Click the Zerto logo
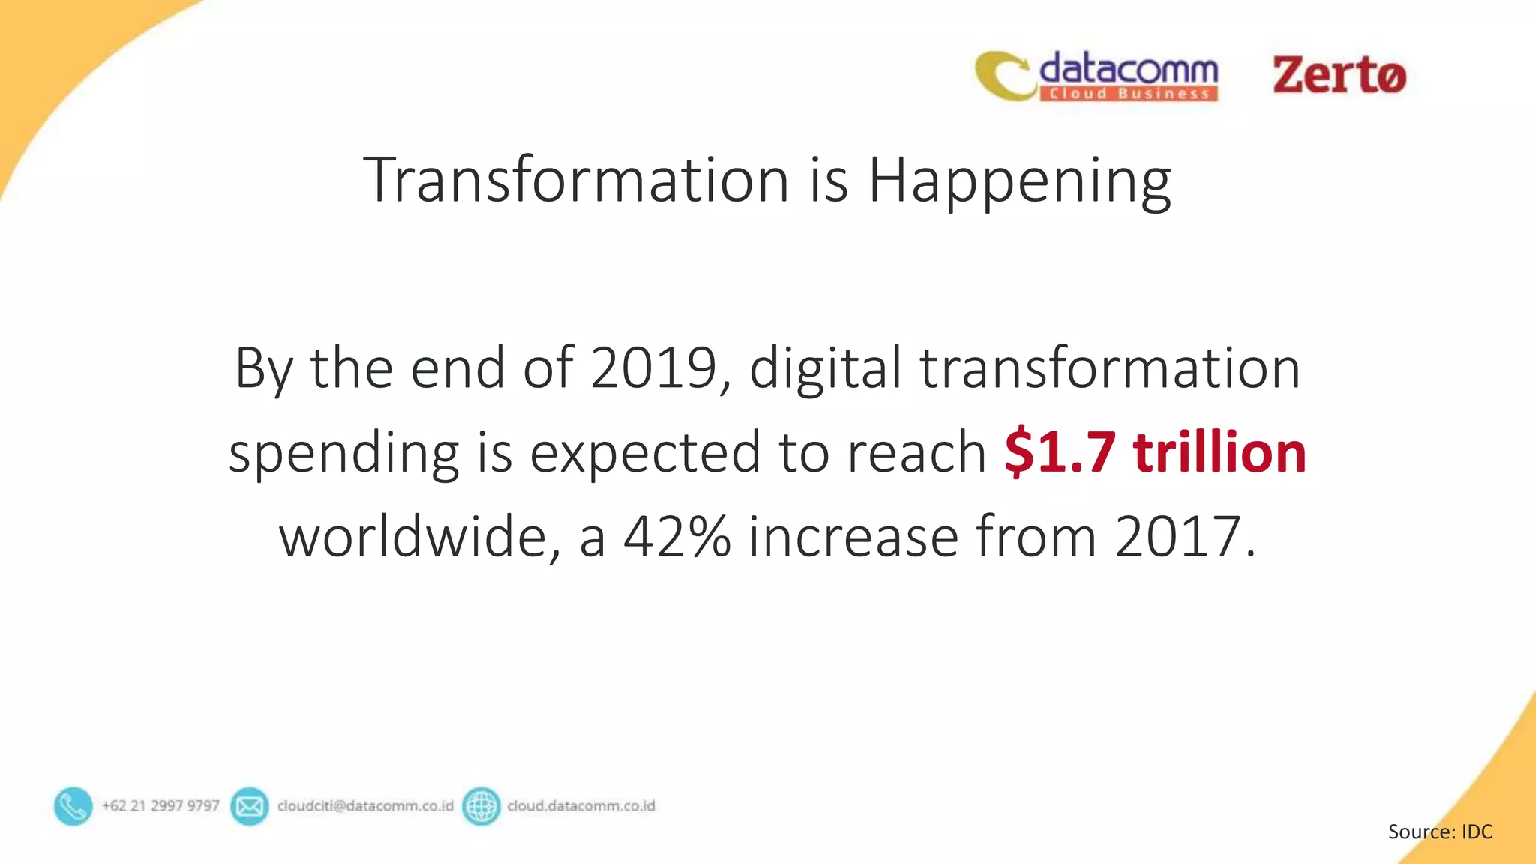click(1339, 75)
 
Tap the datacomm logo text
click(1128, 69)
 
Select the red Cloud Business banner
click(1128, 94)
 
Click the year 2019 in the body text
click(655, 368)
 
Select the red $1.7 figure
click(1060, 452)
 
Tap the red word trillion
click(1219, 452)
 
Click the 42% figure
click(676, 537)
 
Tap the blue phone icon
click(73, 806)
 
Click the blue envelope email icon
click(249, 806)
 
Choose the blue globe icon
click(481, 806)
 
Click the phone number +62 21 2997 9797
click(160, 806)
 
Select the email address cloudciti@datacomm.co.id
click(365, 806)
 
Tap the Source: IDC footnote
click(1440, 832)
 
